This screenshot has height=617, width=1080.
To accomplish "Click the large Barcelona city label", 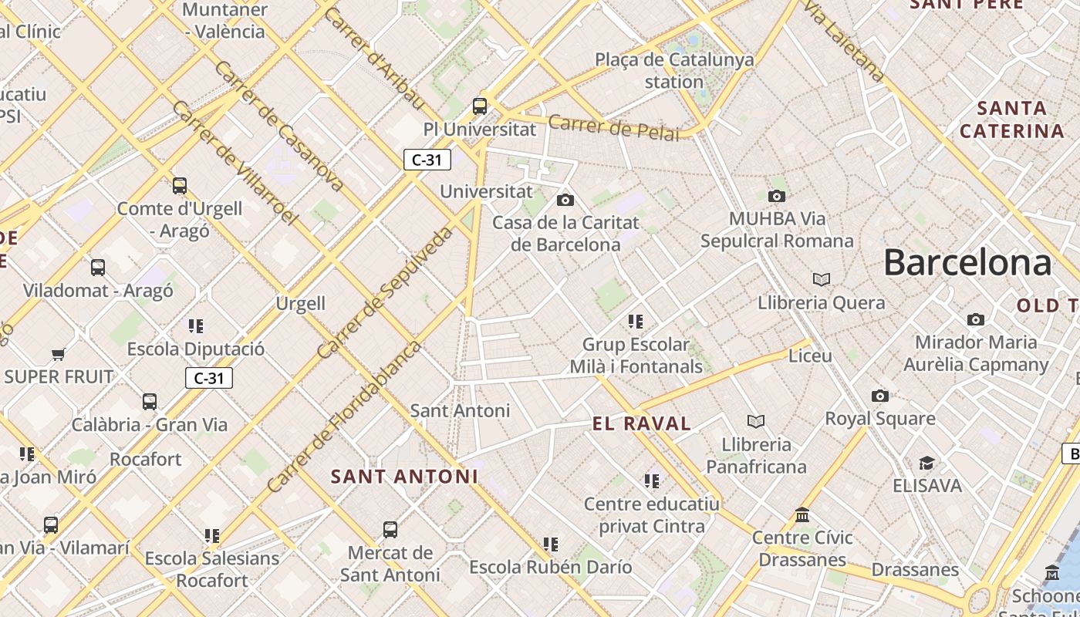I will [x=967, y=263].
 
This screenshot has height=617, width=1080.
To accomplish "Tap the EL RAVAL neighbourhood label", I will [x=642, y=423].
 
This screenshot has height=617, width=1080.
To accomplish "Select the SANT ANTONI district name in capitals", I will [x=405, y=477].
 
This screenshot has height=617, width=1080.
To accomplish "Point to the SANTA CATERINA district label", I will [x=1012, y=120].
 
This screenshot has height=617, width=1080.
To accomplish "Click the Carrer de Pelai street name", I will [x=614, y=129].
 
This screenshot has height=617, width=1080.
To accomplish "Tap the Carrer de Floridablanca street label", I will [x=344, y=416].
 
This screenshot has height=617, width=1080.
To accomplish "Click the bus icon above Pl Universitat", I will [x=480, y=106].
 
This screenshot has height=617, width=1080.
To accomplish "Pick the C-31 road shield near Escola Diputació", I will [x=209, y=378].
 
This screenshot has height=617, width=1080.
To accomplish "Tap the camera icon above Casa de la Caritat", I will [x=565, y=201].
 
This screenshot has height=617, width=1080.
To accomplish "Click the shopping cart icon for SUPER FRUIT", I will [x=58, y=355].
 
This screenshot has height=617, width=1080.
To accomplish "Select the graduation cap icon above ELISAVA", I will [x=926, y=463].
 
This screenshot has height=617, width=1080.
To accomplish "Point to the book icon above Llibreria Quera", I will [x=822, y=279].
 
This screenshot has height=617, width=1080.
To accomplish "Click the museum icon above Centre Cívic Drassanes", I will [x=802, y=514].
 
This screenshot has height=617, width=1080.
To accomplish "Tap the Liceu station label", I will [x=810, y=356].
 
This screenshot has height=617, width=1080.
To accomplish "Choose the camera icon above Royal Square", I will [x=879, y=396].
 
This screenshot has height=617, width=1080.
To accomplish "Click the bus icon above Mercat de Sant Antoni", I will [x=390, y=530].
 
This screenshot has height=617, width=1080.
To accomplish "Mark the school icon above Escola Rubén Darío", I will [x=551, y=545].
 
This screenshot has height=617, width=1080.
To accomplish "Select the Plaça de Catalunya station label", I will [x=674, y=70].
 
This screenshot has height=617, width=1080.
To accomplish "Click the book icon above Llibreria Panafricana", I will [x=756, y=421].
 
